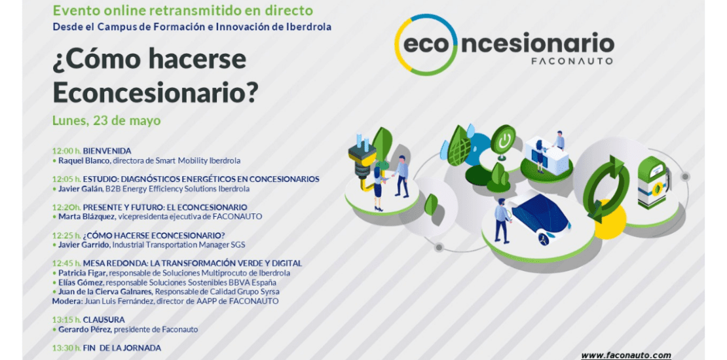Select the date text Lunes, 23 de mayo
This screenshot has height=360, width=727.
(106, 121)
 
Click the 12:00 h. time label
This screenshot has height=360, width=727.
(66, 151)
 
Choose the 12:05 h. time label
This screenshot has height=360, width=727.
(66, 179)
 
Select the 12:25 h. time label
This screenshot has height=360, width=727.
(66, 236)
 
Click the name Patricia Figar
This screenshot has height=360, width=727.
(83, 274)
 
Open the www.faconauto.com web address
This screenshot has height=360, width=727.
(626, 355)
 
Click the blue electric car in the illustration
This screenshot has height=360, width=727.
(540, 218)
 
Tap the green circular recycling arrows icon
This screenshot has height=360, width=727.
(606, 189)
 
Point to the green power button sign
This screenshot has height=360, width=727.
(503, 139)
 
